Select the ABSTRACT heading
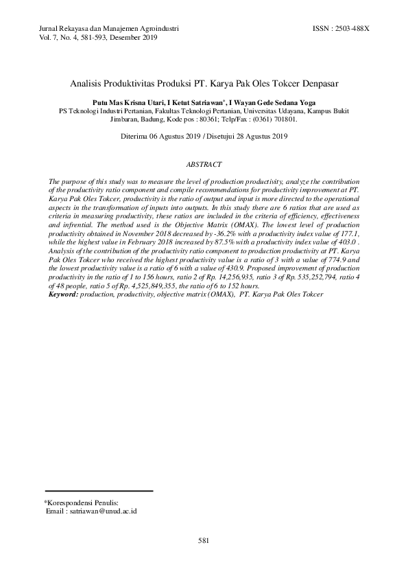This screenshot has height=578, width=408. (204, 165)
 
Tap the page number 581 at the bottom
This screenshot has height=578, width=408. (203, 541)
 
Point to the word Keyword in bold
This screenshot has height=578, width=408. (63, 294)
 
